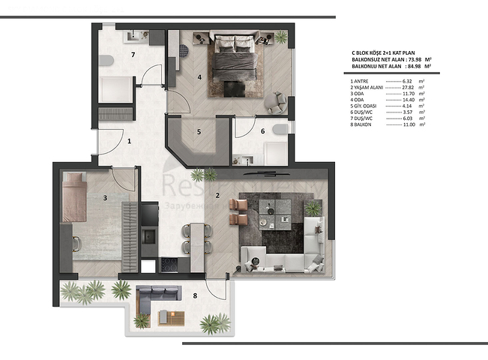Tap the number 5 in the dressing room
pos(199,132)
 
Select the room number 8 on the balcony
pos(196,295)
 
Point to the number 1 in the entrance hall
pos(129,140)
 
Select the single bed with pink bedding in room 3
pos(75,197)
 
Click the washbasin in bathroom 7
pos(133,34)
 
